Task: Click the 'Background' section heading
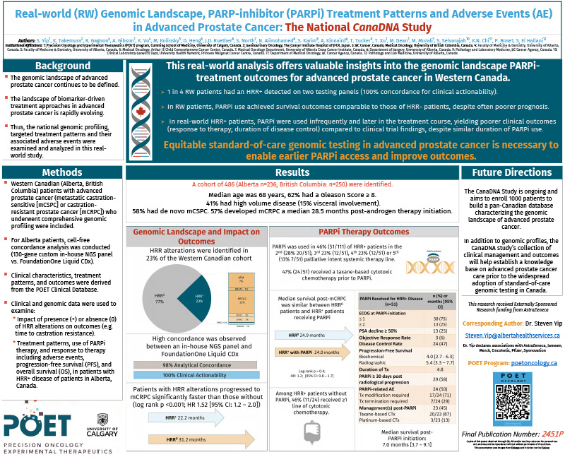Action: (x=64, y=66)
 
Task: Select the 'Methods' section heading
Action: (x=62, y=172)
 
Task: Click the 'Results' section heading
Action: (x=292, y=172)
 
